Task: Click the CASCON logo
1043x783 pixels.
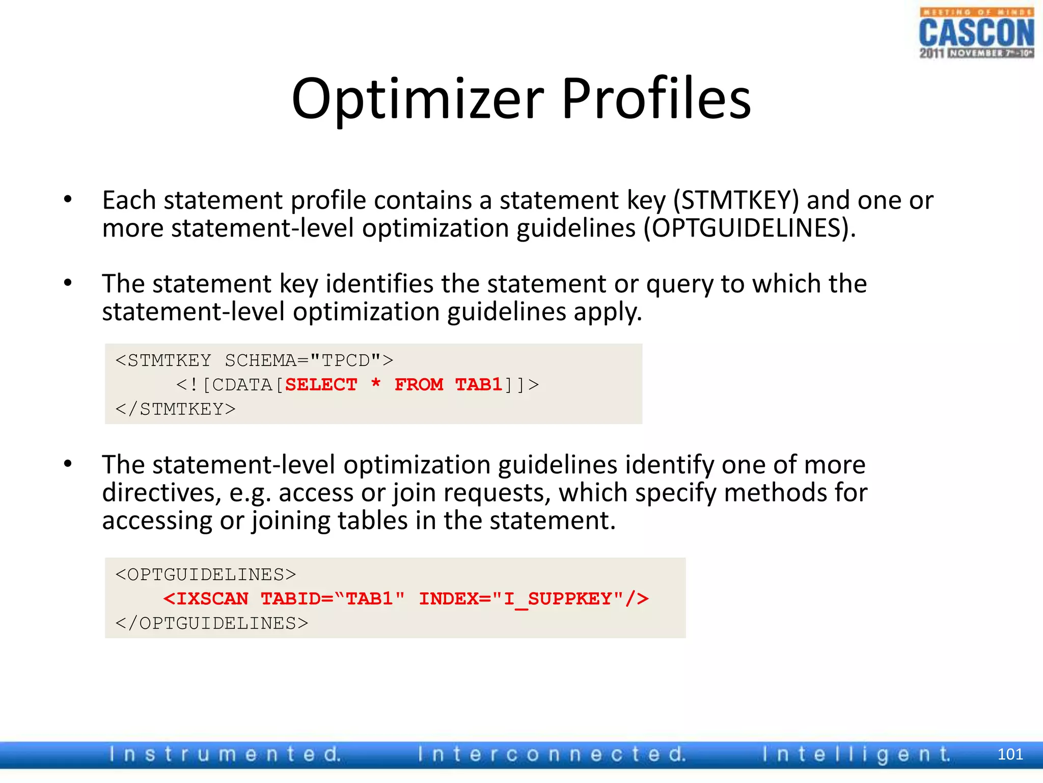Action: point(976,34)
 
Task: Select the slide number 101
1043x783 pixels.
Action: point(1010,754)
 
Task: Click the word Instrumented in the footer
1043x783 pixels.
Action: point(225,754)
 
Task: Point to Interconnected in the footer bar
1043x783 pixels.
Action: point(552,754)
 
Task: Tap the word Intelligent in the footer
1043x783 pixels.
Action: point(856,754)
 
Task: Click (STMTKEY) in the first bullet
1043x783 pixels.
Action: point(736,200)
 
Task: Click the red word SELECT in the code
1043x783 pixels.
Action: point(321,384)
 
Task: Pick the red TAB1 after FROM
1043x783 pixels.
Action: point(479,384)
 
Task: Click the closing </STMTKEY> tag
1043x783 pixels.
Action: point(175,409)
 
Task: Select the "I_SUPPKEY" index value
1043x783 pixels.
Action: point(557,598)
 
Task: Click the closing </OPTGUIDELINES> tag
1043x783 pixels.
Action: point(212,623)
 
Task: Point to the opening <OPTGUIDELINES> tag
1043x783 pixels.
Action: point(205,575)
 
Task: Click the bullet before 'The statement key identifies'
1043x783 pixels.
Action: point(68,283)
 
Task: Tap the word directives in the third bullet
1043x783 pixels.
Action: point(161,493)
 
